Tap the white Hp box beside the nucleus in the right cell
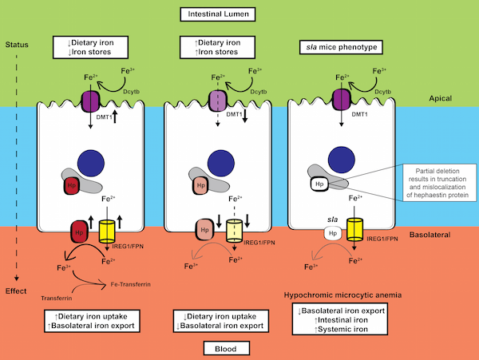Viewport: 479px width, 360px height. click(319, 184)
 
